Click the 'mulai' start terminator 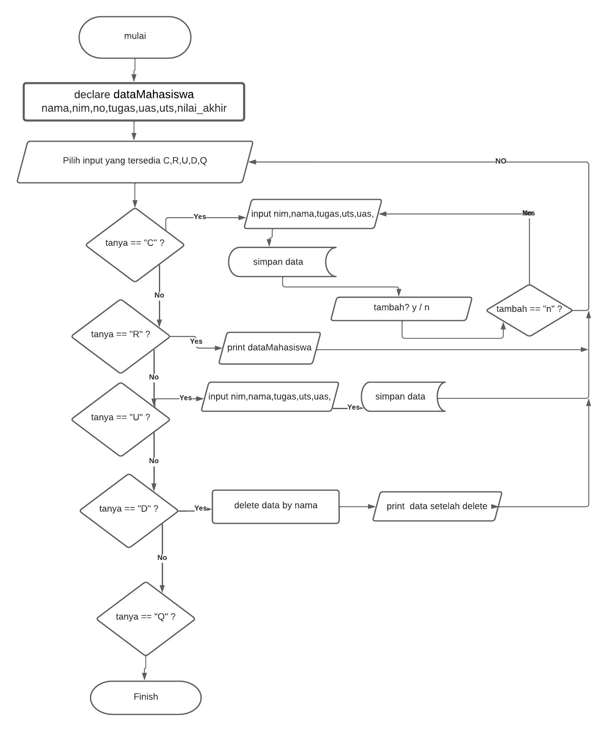point(135,37)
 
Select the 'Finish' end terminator point(146,697)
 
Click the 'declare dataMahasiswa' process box point(134,102)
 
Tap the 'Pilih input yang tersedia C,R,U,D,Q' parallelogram point(135,162)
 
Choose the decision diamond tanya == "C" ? point(135,244)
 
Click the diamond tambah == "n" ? point(529,310)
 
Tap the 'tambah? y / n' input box point(401,308)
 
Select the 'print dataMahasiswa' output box point(269,348)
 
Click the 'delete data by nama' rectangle point(275,506)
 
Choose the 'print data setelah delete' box point(437,506)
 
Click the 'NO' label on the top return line point(501,161)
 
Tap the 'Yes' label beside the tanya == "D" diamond point(200,508)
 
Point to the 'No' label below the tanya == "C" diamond point(159,295)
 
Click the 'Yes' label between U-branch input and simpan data point(353,407)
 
